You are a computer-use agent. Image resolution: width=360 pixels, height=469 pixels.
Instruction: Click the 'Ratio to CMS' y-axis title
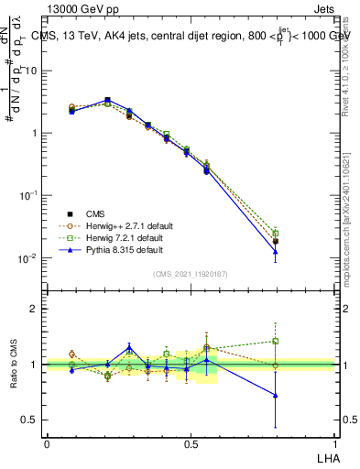tap(13, 365)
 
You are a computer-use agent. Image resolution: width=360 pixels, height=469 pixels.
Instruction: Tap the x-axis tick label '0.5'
tap(191, 443)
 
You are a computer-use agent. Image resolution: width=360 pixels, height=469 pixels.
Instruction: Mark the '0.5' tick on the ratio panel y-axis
tap(27, 420)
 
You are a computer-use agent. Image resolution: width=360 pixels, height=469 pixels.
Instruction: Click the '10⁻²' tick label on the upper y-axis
tap(27, 258)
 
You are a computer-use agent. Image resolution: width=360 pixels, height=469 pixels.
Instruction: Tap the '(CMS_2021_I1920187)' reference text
tap(191, 273)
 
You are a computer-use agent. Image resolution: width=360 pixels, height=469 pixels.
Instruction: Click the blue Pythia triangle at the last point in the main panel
tap(275, 251)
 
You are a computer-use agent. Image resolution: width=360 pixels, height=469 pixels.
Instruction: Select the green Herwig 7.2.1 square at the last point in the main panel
tap(275, 233)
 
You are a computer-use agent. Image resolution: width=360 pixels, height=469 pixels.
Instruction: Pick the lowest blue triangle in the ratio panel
tap(275, 396)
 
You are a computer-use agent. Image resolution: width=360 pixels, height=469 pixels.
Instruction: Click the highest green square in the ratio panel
tap(275, 341)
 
